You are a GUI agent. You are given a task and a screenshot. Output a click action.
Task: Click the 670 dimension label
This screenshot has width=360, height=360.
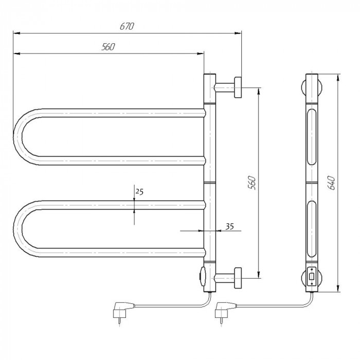pyautogui.click(x=127, y=26)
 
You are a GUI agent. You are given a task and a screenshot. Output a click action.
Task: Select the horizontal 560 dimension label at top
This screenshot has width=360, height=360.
pyautogui.click(x=108, y=47)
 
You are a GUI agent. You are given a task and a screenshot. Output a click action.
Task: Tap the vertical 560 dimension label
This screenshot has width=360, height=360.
pyautogui.click(x=252, y=183)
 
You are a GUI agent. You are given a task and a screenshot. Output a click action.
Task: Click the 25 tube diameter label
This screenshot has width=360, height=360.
pyautogui.click(x=139, y=191)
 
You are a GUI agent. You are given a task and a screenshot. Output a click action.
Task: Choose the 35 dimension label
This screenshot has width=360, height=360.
pyautogui.click(x=229, y=226)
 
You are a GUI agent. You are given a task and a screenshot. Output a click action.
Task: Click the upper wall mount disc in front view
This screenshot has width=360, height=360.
pyautogui.click(x=238, y=87)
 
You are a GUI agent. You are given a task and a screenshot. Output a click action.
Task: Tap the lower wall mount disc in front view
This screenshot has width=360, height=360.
pyautogui.click(x=238, y=278)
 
